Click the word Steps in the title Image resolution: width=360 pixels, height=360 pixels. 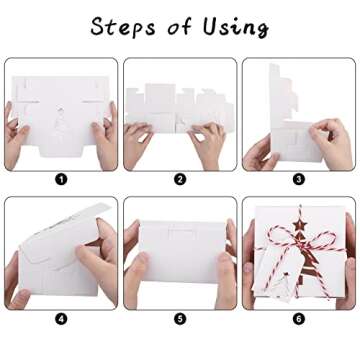tap(123, 26)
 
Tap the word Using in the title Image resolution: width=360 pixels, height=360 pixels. tap(236, 27)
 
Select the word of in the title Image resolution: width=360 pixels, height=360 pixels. tap(180, 26)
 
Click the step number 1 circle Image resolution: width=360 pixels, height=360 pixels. tap(61, 180)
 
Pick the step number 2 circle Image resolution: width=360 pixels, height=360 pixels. tap(180, 180)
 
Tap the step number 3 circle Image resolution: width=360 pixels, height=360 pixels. tap(299, 180)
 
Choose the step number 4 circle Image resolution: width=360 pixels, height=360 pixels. tap(61, 319)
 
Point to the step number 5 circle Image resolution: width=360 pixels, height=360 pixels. tap(180, 319)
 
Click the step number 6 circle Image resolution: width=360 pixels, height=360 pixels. tap(299, 319)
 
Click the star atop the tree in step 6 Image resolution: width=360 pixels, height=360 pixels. tap(299, 224)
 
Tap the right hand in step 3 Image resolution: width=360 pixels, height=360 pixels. tap(331, 143)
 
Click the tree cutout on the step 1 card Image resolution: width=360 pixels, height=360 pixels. tap(60, 124)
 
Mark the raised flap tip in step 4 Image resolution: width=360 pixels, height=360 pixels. tap(107, 204)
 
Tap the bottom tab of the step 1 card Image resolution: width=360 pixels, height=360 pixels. tap(61, 151)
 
